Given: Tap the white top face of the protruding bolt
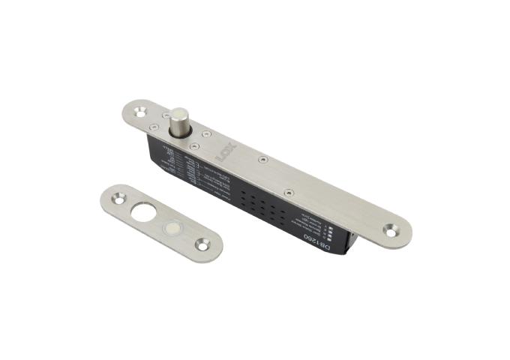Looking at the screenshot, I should point(181,114).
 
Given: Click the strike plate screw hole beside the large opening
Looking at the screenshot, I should point(118,200).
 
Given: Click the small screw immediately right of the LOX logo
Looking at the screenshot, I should point(261,159).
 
